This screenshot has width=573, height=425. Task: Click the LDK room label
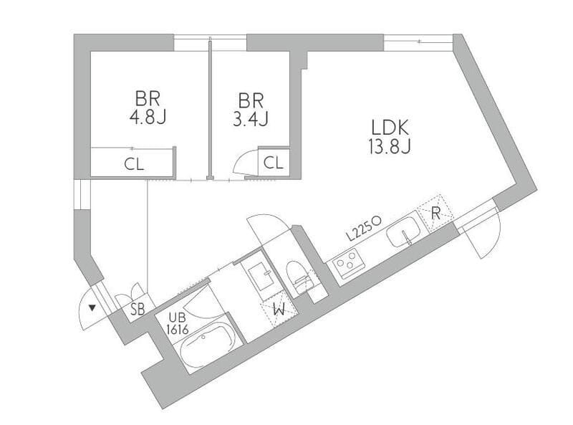(x=390, y=128)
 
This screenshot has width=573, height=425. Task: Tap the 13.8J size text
(x=390, y=147)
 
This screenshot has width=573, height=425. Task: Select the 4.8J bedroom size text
(x=148, y=118)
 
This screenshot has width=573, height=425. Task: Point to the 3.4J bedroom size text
(x=251, y=119)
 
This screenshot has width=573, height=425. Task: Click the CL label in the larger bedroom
(x=134, y=165)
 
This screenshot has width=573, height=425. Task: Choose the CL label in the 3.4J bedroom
(x=274, y=163)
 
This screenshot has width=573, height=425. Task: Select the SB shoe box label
(x=138, y=310)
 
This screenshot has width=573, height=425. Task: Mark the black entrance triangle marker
(x=92, y=308)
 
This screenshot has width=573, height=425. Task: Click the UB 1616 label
(x=178, y=324)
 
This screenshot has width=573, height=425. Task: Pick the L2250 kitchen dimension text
(x=364, y=229)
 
